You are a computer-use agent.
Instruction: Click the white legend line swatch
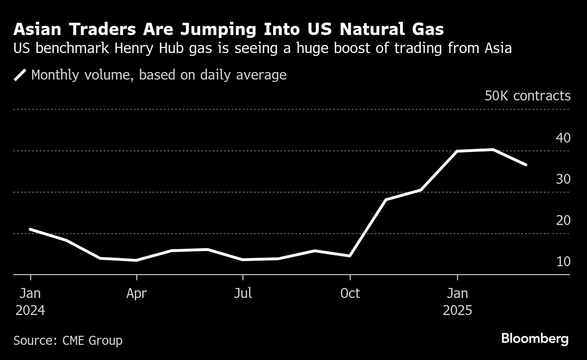[20, 75]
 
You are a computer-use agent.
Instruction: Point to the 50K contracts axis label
[527, 96]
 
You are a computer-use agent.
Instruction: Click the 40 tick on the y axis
[563, 138]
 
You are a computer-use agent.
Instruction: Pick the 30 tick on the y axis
[563, 179]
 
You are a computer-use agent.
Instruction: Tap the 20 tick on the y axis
[563, 220]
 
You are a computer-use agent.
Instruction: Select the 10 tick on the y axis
[563, 261]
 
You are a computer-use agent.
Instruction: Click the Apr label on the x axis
[136, 293]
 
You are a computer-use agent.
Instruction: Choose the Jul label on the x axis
[243, 293]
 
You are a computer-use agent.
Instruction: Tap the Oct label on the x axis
[350, 293]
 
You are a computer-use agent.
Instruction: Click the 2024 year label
[30, 310]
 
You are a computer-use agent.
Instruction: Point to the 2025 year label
[457, 310]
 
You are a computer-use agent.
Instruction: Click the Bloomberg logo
[534, 339]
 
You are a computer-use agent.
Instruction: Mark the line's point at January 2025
[457, 151]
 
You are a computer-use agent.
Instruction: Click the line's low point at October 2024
[350, 256]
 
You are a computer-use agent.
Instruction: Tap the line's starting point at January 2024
[30, 229]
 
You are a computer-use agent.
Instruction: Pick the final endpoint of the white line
[526, 165]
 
